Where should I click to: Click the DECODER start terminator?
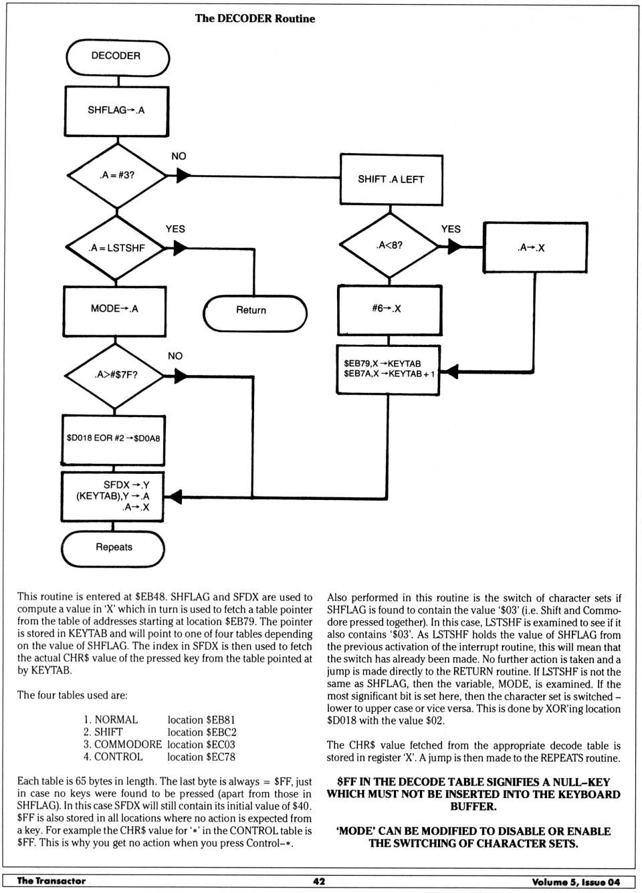[118, 57]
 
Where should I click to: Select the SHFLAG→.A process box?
[116, 111]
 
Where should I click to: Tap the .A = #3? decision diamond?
[117, 175]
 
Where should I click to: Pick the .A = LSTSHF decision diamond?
[117, 248]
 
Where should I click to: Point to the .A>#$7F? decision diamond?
[116, 375]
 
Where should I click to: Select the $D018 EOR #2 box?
[113, 440]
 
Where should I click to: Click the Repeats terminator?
[113, 548]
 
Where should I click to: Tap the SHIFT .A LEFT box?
[391, 180]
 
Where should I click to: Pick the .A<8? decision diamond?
[390, 245]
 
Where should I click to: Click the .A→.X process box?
[535, 247]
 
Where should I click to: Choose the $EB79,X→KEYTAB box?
[389, 369]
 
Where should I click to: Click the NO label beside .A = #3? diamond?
[179, 156]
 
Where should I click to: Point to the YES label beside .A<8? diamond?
[451, 229]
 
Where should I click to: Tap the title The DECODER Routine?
[255, 19]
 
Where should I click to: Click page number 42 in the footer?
[319, 882]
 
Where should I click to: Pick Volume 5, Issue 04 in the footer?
[576, 882]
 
